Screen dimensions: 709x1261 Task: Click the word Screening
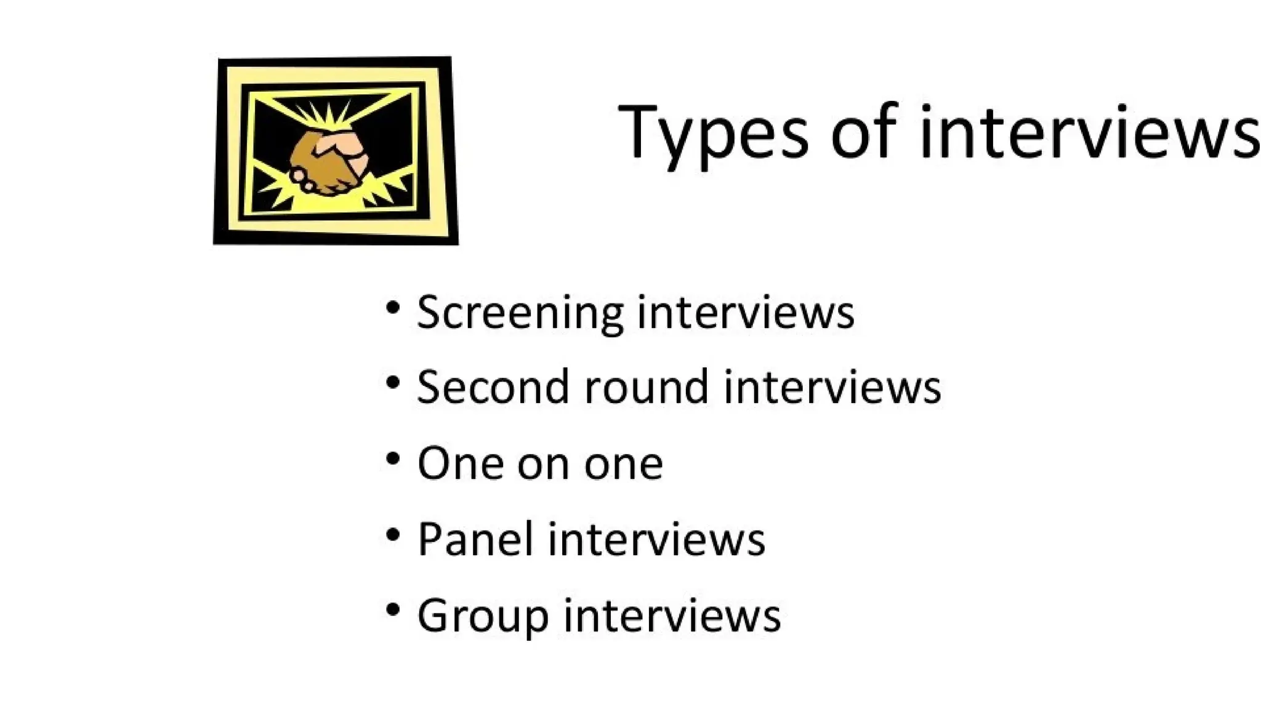[520, 313]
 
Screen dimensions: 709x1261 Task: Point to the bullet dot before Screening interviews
[393, 307]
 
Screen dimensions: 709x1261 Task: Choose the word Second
[492, 387]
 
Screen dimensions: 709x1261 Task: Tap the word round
[646, 387]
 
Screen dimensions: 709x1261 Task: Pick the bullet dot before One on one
[393, 459]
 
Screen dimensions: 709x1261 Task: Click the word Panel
[475, 539]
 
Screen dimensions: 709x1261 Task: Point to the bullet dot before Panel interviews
[393, 534]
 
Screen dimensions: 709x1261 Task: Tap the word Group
[483, 615]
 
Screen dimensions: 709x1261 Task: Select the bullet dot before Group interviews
[393, 610]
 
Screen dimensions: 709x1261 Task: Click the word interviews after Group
[672, 615]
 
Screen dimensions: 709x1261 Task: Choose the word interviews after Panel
[656, 539]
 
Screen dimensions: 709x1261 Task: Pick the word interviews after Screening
[746, 311]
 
